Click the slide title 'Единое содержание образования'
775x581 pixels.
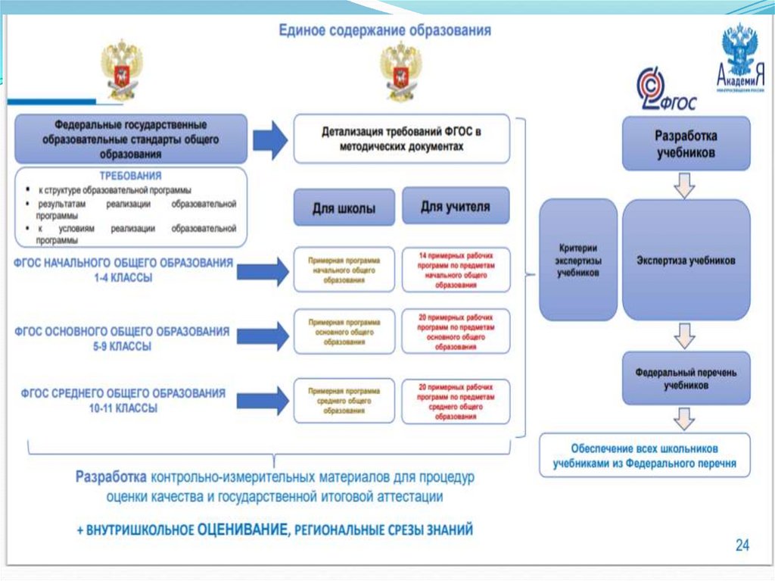[x=385, y=31]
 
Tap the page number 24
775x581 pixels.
[x=742, y=545]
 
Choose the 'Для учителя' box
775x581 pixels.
[x=455, y=206]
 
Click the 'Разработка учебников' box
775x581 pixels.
[x=686, y=143]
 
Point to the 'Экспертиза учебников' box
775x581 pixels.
[x=686, y=260]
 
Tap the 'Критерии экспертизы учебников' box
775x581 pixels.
[x=577, y=260]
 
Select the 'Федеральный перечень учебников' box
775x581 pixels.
[x=686, y=379]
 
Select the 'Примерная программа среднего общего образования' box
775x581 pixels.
[x=344, y=401]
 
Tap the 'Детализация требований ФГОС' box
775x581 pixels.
[x=400, y=139]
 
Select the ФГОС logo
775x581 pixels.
[x=664, y=89]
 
